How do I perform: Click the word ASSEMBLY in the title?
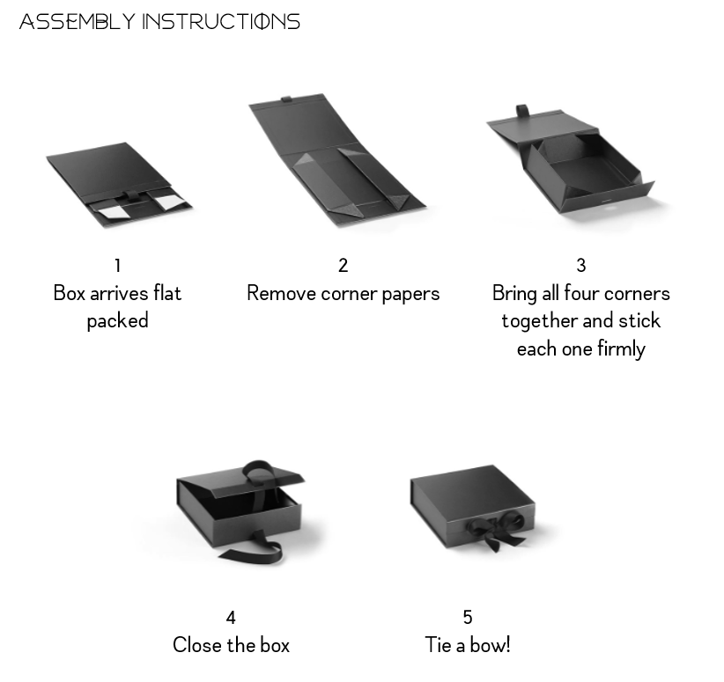[78, 22]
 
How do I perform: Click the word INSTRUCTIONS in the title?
[221, 22]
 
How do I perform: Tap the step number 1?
[118, 266]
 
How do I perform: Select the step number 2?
[344, 266]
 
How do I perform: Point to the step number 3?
[580, 266]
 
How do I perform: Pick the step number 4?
[231, 618]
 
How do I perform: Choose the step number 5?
[468, 618]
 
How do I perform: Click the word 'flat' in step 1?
[167, 293]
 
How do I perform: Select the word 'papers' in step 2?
[411, 296]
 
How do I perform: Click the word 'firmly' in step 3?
[622, 349]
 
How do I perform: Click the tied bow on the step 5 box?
[496, 529]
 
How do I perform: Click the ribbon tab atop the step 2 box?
[286, 99]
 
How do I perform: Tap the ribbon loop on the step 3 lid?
[522, 111]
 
